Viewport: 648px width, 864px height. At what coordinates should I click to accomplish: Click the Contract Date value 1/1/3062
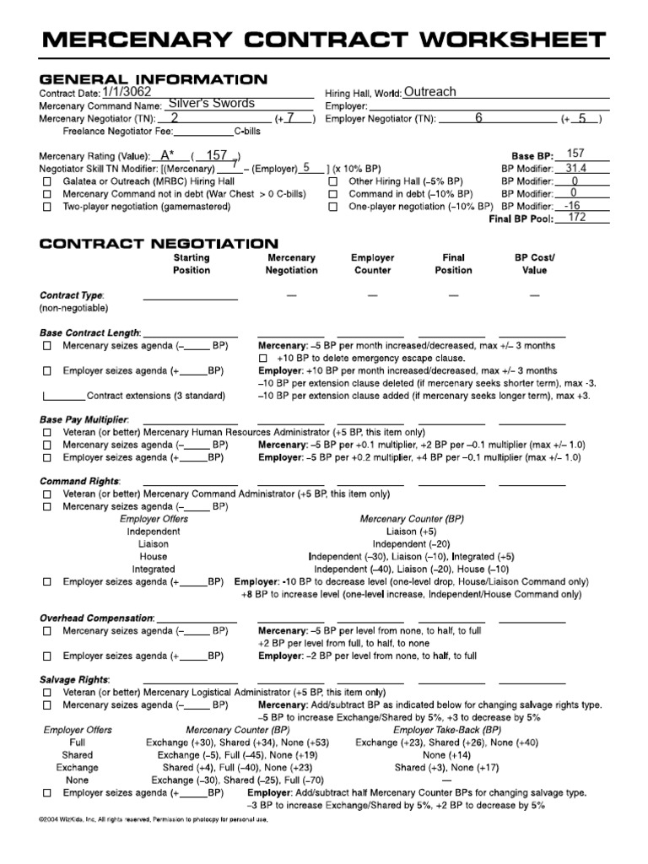click(x=127, y=92)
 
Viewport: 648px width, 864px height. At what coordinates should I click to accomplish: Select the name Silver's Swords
click(x=212, y=105)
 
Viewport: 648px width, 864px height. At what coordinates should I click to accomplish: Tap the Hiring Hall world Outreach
click(x=429, y=92)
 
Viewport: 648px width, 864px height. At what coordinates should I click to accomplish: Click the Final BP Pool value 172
click(x=577, y=217)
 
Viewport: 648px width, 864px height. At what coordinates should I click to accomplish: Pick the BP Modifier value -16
click(x=574, y=205)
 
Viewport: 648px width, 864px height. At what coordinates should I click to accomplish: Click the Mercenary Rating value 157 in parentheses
click(x=217, y=155)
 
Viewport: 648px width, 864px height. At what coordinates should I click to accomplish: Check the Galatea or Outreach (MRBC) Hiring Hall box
click(x=46, y=181)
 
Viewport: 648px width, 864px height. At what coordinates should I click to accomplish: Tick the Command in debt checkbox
click(x=332, y=193)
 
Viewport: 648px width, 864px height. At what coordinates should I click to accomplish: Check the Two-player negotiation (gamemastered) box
click(x=46, y=206)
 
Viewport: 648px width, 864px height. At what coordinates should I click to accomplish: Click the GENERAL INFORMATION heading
click(x=154, y=79)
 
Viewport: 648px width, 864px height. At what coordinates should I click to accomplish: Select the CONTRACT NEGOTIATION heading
click(x=159, y=243)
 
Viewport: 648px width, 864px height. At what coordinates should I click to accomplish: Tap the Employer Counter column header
click(x=372, y=264)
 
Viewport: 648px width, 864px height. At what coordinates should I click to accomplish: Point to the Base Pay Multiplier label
click(x=84, y=418)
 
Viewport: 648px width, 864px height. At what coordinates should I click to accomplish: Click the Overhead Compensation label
click(x=97, y=618)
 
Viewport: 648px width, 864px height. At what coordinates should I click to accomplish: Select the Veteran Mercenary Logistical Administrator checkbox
click(x=46, y=692)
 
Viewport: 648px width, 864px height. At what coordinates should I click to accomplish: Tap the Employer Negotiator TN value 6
click(x=478, y=118)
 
